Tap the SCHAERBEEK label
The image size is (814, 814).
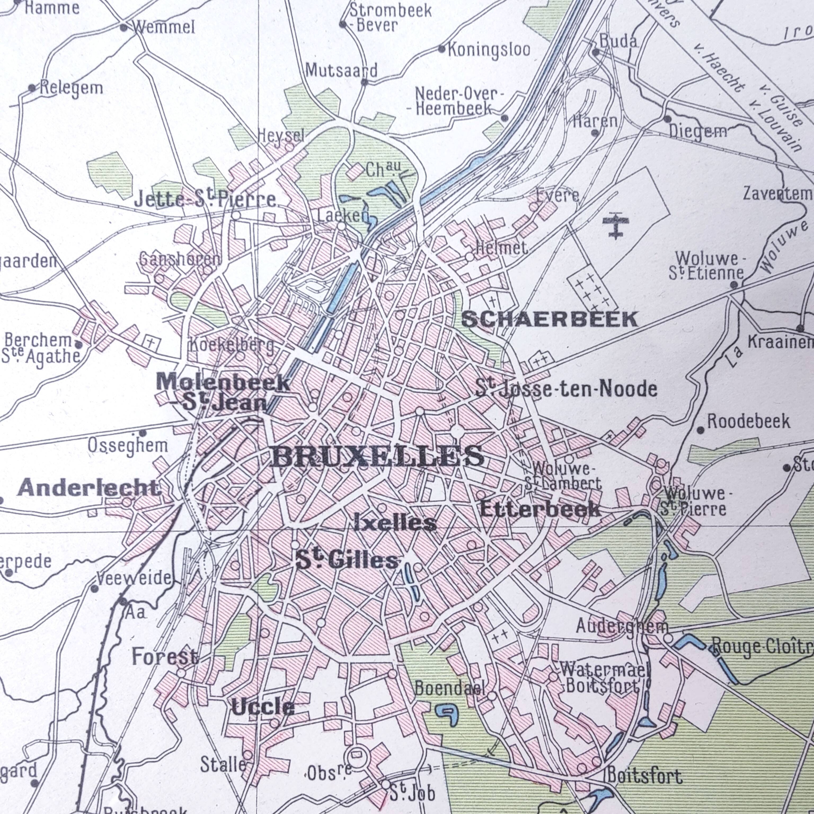(x=550, y=319)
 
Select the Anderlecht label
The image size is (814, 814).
(x=89, y=488)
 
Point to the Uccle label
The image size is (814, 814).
(x=263, y=707)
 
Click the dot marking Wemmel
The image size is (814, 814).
(x=123, y=28)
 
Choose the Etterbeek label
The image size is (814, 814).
(x=540, y=509)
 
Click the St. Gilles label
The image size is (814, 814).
(x=347, y=561)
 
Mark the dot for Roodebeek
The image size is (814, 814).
(x=700, y=430)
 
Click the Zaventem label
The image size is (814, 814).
(x=777, y=193)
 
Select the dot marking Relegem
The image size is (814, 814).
(x=32, y=88)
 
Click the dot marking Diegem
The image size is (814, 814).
(x=667, y=119)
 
